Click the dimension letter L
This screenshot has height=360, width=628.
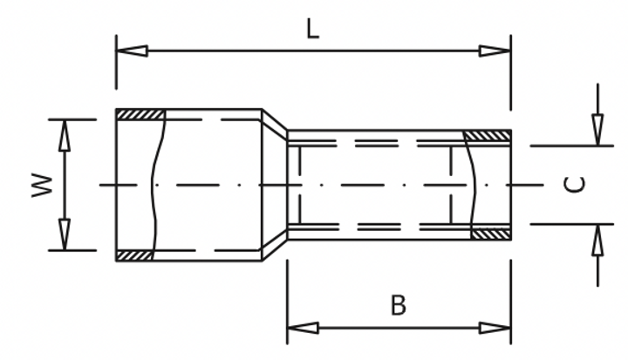click(x=312, y=29)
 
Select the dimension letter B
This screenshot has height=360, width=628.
click(x=398, y=305)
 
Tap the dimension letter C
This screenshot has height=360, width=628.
click(x=574, y=185)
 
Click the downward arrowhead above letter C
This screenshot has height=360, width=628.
click(x=597, y=129)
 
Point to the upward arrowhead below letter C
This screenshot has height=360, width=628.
click(x=597, y=241)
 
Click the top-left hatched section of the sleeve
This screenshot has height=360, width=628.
click(x=140, y=114)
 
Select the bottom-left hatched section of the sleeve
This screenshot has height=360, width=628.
click(x=134, y=255)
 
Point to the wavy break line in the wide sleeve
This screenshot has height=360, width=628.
click(x=158, y=185)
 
